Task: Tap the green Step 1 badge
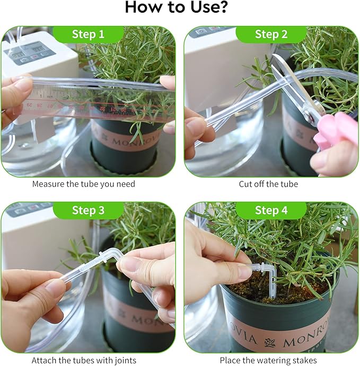(x=88, y=34)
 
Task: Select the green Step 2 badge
(x=271, y=34)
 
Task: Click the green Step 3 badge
(x=88, y=210)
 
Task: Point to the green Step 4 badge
(x=271, y=210)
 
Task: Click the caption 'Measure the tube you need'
(x=84, y=184)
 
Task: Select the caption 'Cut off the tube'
(x=268, y=184)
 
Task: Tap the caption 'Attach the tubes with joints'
(x=84, y=360)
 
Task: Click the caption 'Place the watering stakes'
(x=268, y=360)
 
